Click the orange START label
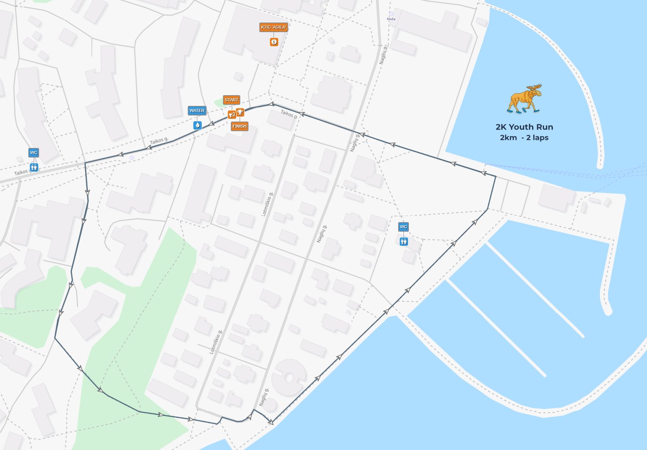231,100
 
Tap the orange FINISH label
239,126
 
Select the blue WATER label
197,111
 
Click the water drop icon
197,125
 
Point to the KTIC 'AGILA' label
274,27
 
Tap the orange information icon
274,42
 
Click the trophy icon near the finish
240,112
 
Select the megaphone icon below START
232,115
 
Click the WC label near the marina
403,227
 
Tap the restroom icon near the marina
404,242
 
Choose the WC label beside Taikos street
34,153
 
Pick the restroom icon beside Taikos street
34,167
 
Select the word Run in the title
545,127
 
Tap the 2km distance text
508,138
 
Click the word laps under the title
541,138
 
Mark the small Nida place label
391,19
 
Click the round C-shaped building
288,377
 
